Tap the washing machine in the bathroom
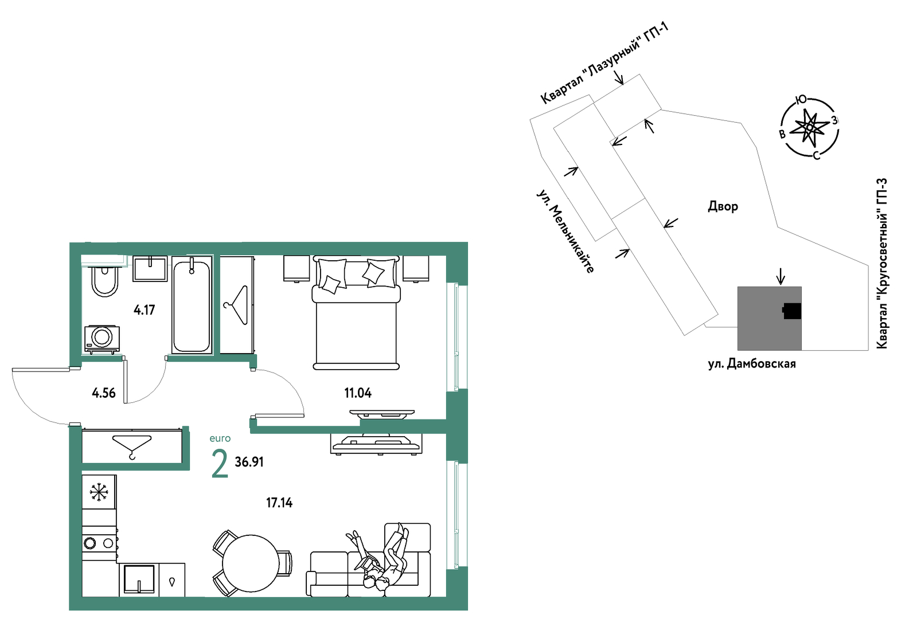[x=102, y=339]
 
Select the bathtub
[x=192, y=305]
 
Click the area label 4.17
[x=144, y=310]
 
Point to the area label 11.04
[x=357, y=393]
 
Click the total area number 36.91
[x=249, y=461]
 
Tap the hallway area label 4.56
[x=103, y=393]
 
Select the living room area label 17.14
[x=279, y=503]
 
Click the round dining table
[x=251, y=563]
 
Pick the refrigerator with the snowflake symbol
[x=99, y=492]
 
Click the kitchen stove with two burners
[x=99, y=543]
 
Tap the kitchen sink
[x=139, y=579]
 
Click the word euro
[x=220, y=438]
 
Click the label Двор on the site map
[x=723, y=206]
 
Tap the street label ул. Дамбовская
[x=752, y=364]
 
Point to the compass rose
[x=810, y=128]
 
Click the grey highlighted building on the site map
[x=769, y=319]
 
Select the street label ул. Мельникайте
[x=565, y=231]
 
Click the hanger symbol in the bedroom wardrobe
[x=237, y=305]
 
